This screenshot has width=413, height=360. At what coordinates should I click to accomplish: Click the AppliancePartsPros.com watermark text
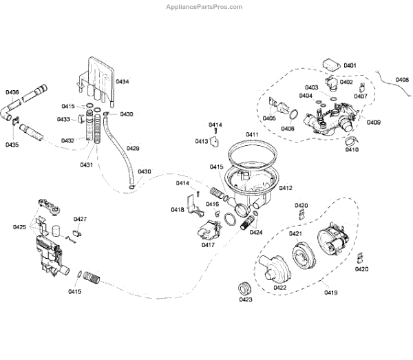point(204,6)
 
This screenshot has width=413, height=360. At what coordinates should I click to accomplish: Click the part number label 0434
point(122,82)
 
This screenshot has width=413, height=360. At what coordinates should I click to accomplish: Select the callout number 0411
point(252,134)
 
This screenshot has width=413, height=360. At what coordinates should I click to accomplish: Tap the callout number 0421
point(295,234)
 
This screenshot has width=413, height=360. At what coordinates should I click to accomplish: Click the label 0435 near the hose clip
point(12,145)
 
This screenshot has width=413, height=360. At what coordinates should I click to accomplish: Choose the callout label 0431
point(87,165)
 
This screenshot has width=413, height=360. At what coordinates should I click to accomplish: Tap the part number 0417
point(209,244)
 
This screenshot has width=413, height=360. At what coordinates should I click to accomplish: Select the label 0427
point(80,220)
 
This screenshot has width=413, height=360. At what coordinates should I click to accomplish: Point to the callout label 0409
point(374,123)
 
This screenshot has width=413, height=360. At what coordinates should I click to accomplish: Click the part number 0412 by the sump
point(285,188)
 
